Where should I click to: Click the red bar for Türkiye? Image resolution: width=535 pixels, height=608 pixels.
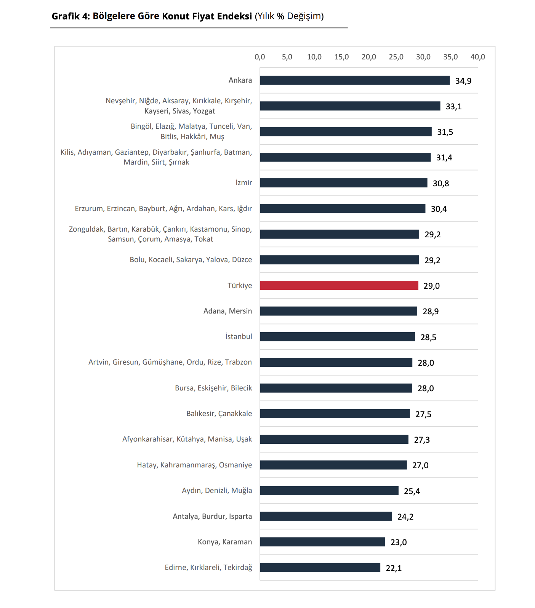[339, 285]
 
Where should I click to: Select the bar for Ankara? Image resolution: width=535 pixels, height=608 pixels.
[355, 80]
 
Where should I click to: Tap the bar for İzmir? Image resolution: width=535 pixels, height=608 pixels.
[344, 183]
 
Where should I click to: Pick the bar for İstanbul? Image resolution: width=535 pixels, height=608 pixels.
[338, 337]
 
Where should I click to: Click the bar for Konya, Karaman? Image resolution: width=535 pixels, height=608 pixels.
[322, 542]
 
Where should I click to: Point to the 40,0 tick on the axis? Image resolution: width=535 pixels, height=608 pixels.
[477, 57]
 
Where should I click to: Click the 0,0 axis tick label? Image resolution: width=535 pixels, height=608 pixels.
[260, 57]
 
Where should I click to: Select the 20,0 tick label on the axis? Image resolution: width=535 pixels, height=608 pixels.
[368, 57]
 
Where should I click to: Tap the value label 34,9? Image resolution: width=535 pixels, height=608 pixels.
[463, 81]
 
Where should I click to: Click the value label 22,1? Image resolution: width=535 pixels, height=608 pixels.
[394, 568]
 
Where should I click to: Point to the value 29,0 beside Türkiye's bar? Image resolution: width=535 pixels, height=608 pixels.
[431, 286]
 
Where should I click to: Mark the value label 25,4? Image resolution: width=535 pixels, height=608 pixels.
[412, 491]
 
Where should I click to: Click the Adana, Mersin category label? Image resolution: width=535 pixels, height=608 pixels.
[227, 311]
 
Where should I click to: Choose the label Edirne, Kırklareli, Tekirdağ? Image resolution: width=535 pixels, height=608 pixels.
[208, 568]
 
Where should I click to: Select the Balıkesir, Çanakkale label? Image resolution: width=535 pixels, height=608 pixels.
[219, 414]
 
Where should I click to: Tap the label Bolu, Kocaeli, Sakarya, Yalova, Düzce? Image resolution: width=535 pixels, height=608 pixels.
[191, 260]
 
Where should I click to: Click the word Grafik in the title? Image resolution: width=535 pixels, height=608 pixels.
[66, 16]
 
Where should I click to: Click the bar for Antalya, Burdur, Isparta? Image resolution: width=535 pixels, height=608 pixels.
[326, 516]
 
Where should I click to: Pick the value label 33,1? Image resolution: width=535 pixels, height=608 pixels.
[453, 106]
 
